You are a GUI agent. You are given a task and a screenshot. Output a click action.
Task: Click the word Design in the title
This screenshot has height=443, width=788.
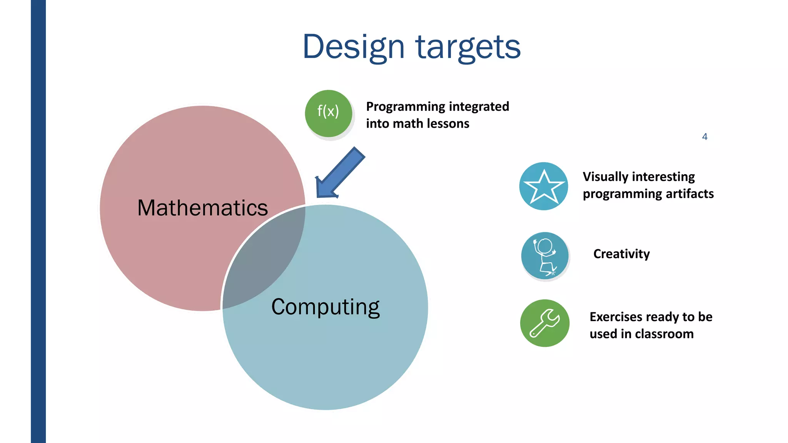point(353,47)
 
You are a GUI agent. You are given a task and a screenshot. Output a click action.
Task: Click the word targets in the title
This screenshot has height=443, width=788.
point(468,47)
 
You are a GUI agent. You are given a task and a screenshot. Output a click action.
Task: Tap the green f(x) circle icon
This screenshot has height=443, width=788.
point(328,113)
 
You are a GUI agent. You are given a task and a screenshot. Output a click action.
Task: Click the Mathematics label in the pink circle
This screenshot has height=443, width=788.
point(202,208)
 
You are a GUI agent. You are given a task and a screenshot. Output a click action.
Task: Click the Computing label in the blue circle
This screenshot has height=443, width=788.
point(325,307)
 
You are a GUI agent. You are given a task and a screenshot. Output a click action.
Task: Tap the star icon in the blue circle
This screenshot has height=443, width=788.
point(544,186)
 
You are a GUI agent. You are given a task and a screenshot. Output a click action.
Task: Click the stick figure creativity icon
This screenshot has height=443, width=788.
point(545,256)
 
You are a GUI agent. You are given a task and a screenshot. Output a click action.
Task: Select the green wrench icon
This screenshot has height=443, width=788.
point(544,323)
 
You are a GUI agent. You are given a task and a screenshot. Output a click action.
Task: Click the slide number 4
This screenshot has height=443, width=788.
point(705,137)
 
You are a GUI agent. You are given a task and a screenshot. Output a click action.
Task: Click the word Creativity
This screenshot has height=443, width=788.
point(621,254)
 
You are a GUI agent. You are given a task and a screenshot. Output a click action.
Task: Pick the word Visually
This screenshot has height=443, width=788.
point(605,177)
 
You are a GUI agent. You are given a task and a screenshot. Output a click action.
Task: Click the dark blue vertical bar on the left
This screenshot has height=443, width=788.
point(38,221)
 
